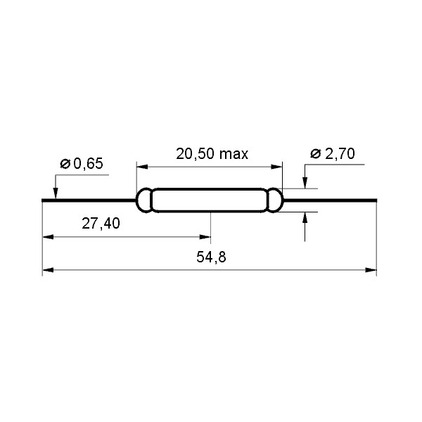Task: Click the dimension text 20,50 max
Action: pos(212,154)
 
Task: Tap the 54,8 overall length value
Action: pos(211,258)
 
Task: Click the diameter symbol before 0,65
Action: pos(65,164)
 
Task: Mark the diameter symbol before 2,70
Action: pos(315,153)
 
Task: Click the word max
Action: pos(234,154)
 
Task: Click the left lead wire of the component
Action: pos(88,200)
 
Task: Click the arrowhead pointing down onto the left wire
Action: pos(54,193)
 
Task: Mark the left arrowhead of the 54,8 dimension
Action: pos(49,269)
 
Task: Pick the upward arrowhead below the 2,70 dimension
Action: pos(305,218)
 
